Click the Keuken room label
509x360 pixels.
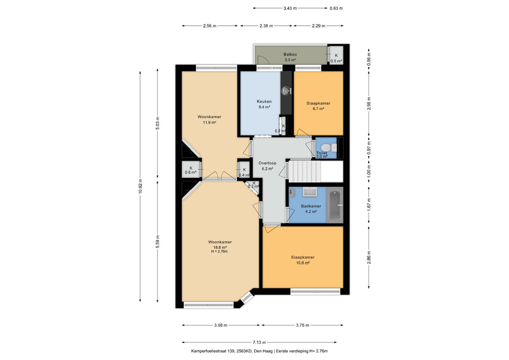(264, 101)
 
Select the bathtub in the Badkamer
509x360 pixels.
(335, 205)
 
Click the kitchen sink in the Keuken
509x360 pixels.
(286, 90)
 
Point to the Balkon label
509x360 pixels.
(290, 54)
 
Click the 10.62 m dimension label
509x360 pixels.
(140, 186)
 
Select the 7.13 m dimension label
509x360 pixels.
(259, 342)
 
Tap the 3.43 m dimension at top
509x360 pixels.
(290, 8)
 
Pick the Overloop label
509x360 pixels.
(267, 163)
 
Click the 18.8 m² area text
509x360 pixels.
(220, 247)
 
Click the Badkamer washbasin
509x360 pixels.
(310, 192)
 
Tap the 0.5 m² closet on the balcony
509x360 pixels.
(336, 55)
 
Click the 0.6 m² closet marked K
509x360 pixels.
(191, 170)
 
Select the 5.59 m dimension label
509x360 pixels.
(158, 242)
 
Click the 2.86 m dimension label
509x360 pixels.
(369, 257)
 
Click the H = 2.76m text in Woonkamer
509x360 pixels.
(220, 252)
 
